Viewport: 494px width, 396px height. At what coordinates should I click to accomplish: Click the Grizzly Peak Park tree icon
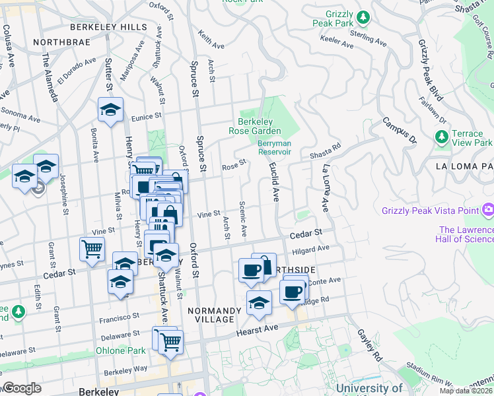pos(363,16)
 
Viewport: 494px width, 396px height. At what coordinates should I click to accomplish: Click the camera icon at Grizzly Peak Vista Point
pos(488,211)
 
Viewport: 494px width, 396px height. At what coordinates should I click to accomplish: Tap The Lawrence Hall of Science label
pos(465,234)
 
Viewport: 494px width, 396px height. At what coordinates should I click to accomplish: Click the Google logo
pos(22,388)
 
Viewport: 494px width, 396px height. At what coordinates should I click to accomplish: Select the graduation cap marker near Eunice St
pos(111,110)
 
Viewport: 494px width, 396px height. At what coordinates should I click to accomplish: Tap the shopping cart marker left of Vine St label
pos(92,248)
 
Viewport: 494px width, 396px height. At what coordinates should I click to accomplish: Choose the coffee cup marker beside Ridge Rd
pos(293,290)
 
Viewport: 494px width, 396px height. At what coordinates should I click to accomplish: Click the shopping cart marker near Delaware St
pos(170,342)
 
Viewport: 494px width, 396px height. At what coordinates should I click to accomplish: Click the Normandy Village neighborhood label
pos(211,315)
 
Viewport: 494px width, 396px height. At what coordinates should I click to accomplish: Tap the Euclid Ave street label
pos(273,183)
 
